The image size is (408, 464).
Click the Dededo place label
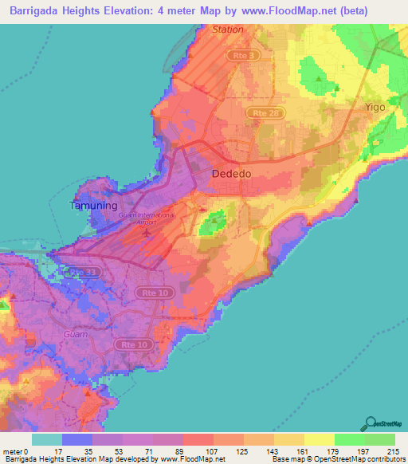233,174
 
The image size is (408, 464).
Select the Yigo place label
375,106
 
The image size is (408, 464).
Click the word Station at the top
228,29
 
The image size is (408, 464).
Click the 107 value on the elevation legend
199,450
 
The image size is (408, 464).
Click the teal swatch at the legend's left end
46,439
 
